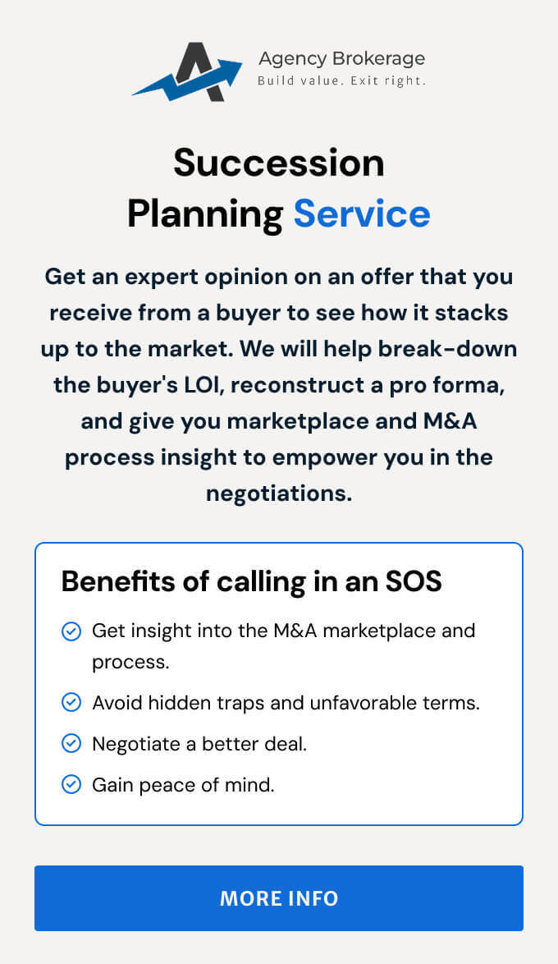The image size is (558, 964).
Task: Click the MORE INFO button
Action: point(279,897)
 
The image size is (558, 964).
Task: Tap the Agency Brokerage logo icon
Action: point(187,72)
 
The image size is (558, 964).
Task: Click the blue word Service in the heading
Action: point(362,213)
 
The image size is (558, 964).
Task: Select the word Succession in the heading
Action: point(279,163)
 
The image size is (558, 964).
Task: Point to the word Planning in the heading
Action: point(205,215)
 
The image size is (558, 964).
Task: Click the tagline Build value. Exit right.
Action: point(341,80)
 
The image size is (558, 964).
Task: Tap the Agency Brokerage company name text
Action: point(341,59)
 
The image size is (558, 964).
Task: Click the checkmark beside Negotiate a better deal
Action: point(71,743)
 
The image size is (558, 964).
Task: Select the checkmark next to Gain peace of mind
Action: point(71,784)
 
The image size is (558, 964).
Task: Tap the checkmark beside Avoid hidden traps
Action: point(71,702)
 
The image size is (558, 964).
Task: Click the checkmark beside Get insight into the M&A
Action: point(71,631)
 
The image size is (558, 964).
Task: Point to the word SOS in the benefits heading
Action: point(414,581)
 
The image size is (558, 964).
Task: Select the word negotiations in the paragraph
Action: point(279,493)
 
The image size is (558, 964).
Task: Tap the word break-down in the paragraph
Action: point(447,349)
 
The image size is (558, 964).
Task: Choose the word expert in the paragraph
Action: point(162,278)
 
